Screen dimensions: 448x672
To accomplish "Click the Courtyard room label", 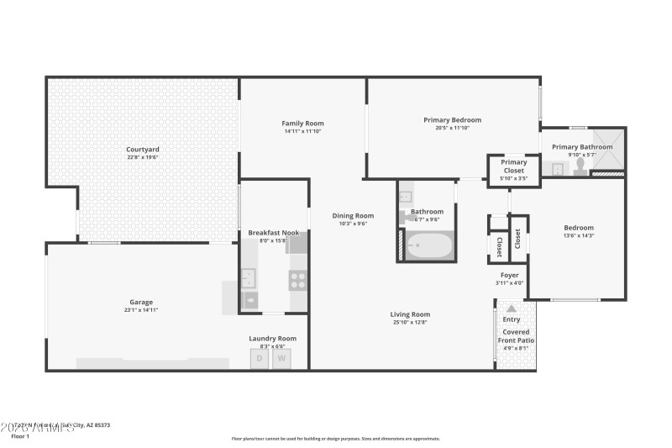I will coord(143,149).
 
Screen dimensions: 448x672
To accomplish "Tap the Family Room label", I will coord(302,124).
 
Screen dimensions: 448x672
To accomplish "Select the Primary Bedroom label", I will coord(452,120).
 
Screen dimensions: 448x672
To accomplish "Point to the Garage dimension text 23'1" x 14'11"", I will coord(141,310).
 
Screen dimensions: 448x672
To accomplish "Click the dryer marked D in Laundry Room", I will coord(260,359).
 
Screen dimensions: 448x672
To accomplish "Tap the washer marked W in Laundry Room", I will coord(282,359).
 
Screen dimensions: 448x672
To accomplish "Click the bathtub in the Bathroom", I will coord(429,247).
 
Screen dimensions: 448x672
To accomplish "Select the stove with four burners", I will coord(298,280).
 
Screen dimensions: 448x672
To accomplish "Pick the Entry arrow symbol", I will coord(511,308).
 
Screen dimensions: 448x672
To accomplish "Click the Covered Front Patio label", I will coord(516,335).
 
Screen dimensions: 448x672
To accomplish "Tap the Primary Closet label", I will coord(514,166).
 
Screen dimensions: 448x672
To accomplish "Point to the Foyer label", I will coord(510,275).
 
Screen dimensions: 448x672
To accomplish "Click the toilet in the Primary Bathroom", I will coord(580,166).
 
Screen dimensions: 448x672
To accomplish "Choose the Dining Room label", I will coord(352,215).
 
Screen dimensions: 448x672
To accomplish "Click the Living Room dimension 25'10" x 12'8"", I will coord(410,322).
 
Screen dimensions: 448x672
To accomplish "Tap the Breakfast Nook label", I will coord(273,232).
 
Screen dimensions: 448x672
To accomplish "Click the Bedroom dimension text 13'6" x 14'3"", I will coord(578,236).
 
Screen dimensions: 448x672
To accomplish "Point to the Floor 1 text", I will coord(20,436).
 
